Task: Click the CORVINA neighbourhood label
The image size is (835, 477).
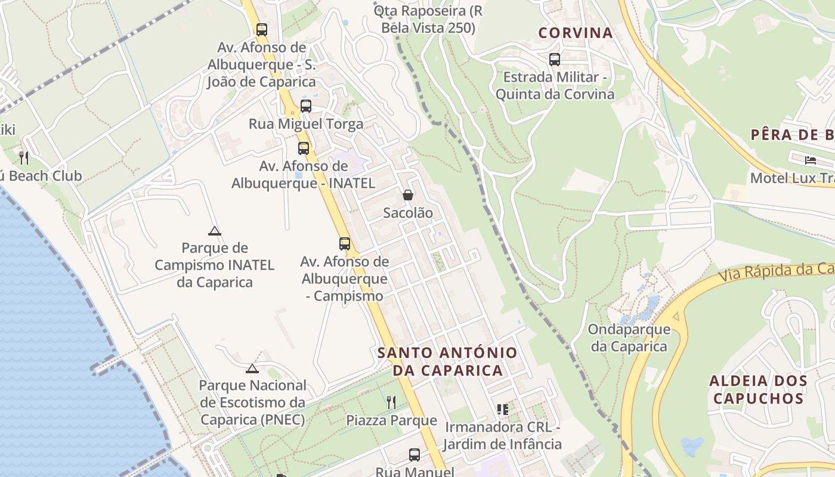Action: pyautogui.click(x=576, y=33)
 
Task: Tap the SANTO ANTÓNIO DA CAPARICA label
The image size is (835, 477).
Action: pyautogui.click(x=447, y=361)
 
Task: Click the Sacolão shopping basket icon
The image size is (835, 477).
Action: pyautogui.click(x=408, y=195)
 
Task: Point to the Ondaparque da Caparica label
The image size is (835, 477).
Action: pyautogui.click(x=629, y=337)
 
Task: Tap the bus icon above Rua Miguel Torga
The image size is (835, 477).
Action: pyautogui.click(x=306, y=106)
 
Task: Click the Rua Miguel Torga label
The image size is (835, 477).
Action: pyautogui.click(x=306, y=124)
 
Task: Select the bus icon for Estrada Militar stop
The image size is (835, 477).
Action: pyautogui.click(x=555, y=60)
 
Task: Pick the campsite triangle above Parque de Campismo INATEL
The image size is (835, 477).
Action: pyautogui.click(x=215, y=231)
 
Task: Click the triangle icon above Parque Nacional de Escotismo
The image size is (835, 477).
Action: pyautogui.click(x=252, y=368)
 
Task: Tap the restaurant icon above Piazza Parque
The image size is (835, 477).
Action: pyautogui.click(x=391, y=402)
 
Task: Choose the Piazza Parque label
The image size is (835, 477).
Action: pyautogui.click(x=391, y=420)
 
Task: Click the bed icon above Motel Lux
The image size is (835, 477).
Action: pyautogui.click(x=810, y=160)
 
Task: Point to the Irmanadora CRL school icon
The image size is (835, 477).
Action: pyautogui.click(x=502, y=410)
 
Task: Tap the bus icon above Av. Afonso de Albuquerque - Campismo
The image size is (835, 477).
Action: pyautogui.click(x=345, y=243)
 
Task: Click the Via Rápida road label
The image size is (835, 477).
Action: pyautogui.click(x=775, y=272)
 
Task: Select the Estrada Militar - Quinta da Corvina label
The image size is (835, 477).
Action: pyautogui.click(x=555, y=86)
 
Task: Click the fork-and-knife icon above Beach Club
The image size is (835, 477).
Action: pyautogui.click(x=24, y=158)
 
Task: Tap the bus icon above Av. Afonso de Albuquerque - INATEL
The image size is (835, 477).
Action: pyautogui.click(x=304, y=148)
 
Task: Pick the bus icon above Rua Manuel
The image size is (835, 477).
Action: pyautogui.click(x=415, y=455)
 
